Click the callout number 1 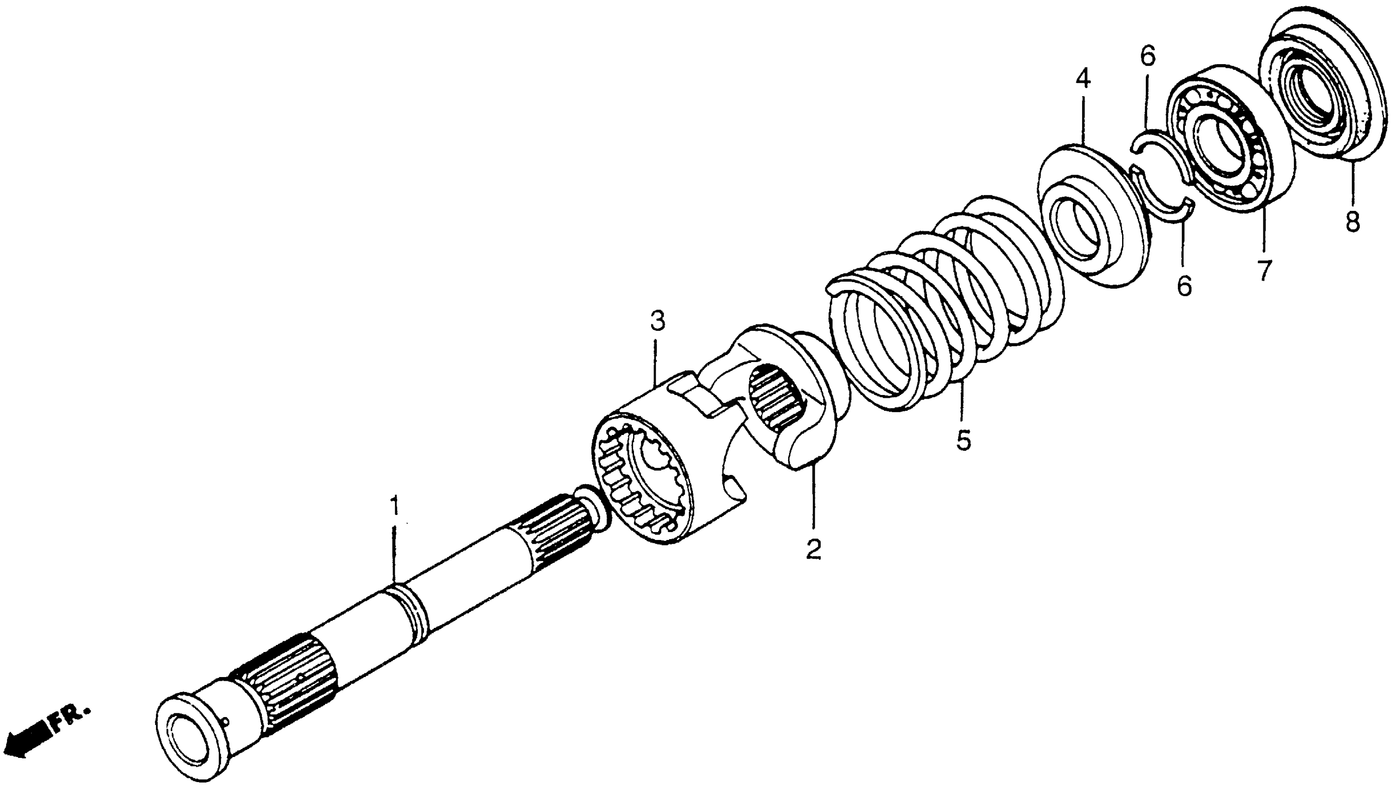click(396, 506)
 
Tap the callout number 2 click(813, 549)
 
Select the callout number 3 click(657, 322)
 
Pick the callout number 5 click(963, 441)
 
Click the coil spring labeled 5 click(944, 304)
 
